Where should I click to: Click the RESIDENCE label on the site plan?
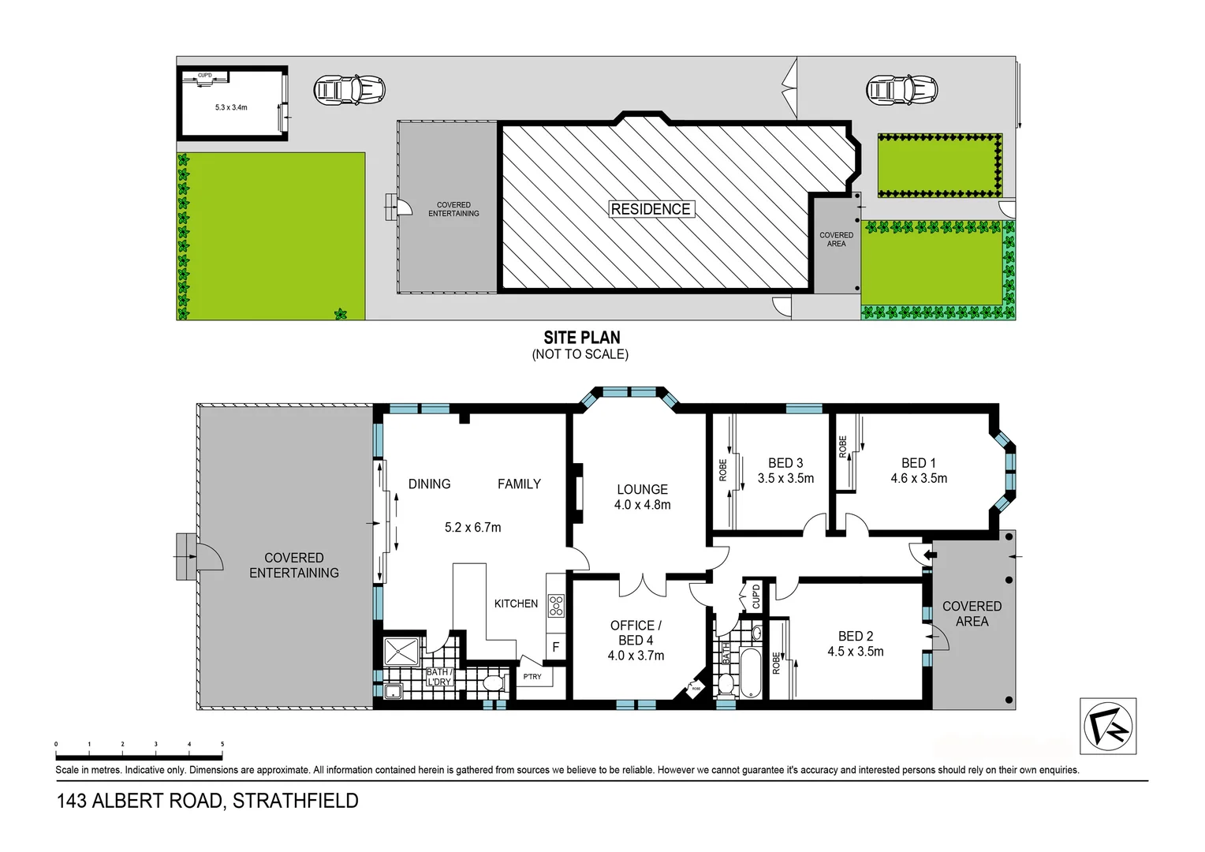[651, 209]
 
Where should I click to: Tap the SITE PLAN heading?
[581, 338]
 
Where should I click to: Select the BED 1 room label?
[918, 463]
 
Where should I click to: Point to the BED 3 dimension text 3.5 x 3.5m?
[785, 478]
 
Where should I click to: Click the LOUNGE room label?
[642, 489]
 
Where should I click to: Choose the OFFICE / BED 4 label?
[636, 633]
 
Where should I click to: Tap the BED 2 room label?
[855, 636]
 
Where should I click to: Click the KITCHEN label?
[516, 603]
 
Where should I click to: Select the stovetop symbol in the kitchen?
[556, 605]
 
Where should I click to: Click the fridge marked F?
[555, 647]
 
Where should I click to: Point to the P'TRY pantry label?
[532, 677]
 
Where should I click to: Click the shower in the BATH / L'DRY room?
[403, 652]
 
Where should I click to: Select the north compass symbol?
[1107, 727]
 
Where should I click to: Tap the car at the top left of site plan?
[349, 90]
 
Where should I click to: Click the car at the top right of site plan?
[901, 90]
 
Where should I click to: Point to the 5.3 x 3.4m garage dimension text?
[231, 107]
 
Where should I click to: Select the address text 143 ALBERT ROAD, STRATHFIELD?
[207, 801]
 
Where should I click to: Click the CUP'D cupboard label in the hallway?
[755, 596]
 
